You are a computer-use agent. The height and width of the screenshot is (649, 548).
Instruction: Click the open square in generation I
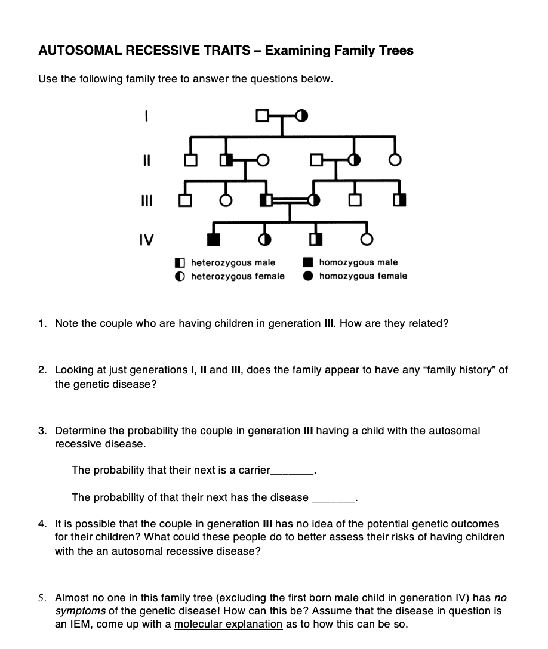point(261,115)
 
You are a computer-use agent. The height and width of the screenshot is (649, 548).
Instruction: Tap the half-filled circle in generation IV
point(264,239)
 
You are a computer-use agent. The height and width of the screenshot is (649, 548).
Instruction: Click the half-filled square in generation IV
point(315,239)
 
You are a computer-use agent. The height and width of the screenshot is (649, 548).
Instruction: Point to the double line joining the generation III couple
point(290,200)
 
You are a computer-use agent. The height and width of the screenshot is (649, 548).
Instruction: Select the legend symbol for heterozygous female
point(180,276)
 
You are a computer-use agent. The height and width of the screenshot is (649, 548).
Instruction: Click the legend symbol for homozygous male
point(309,262)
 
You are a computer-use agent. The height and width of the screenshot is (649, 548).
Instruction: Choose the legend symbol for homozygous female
point(309,276)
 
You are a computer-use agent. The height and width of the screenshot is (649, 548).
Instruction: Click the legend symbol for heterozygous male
point(180,262)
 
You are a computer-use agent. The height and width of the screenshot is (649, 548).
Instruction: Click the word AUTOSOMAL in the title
point(81,51)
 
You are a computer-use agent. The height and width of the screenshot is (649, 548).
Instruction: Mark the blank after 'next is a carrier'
point(292,471)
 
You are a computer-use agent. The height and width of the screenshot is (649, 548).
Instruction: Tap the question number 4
point(41,524)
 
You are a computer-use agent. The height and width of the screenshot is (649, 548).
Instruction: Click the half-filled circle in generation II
point(355,160)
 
